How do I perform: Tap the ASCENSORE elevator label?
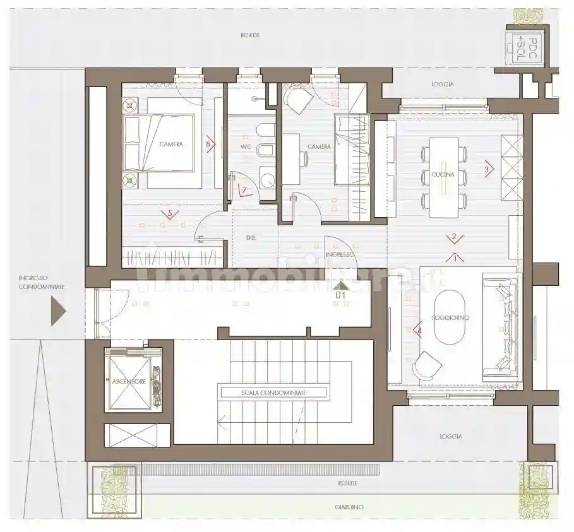click(129, 382)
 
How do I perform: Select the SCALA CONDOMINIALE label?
click(273, 392)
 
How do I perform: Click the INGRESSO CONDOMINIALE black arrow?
click(58, 311)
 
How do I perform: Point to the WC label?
click(246, 147)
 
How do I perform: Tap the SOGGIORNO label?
click(450, 317)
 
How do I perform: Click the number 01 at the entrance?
click(340, 294)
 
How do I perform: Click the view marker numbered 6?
click(210, 144)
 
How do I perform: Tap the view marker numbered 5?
click(167, 213)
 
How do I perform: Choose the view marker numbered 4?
click(417, 329)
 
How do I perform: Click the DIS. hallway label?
click(250, 237)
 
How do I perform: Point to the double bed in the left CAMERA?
click(159, 144)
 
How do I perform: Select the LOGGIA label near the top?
click(443, 84)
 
